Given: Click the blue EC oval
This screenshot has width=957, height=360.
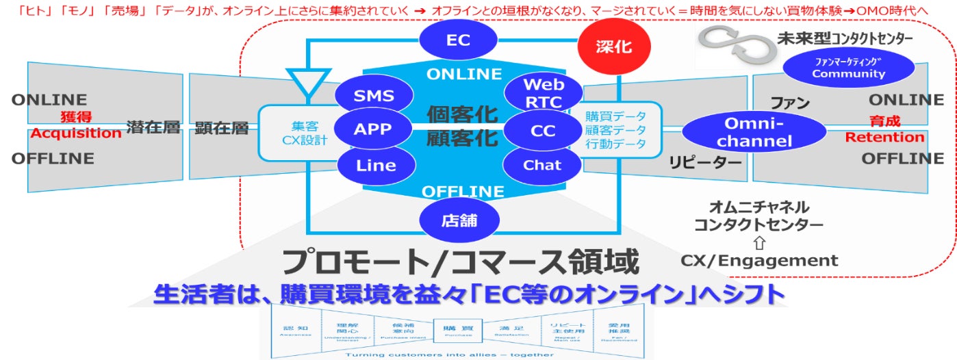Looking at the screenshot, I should tap(459, 40).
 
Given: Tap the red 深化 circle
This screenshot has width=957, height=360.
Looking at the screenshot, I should tap(613, 48).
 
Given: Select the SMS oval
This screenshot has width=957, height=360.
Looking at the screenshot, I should tap(374, 96).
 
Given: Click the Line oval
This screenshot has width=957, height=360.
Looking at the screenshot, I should tap(376, 165).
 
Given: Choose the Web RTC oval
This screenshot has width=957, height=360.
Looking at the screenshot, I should tap(543, 94).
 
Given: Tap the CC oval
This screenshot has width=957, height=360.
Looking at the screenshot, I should tap(542, 130).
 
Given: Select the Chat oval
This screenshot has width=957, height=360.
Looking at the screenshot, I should tap(541, 165).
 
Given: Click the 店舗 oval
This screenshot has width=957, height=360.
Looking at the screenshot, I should tap(459, 220).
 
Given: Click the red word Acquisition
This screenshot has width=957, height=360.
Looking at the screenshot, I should tap(76, 133).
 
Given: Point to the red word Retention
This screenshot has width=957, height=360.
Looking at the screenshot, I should tap(884, 138).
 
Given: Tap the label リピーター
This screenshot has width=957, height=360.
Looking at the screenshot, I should tap(705, 163).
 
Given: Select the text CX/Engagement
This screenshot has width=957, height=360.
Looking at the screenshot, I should tap(759, 260).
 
